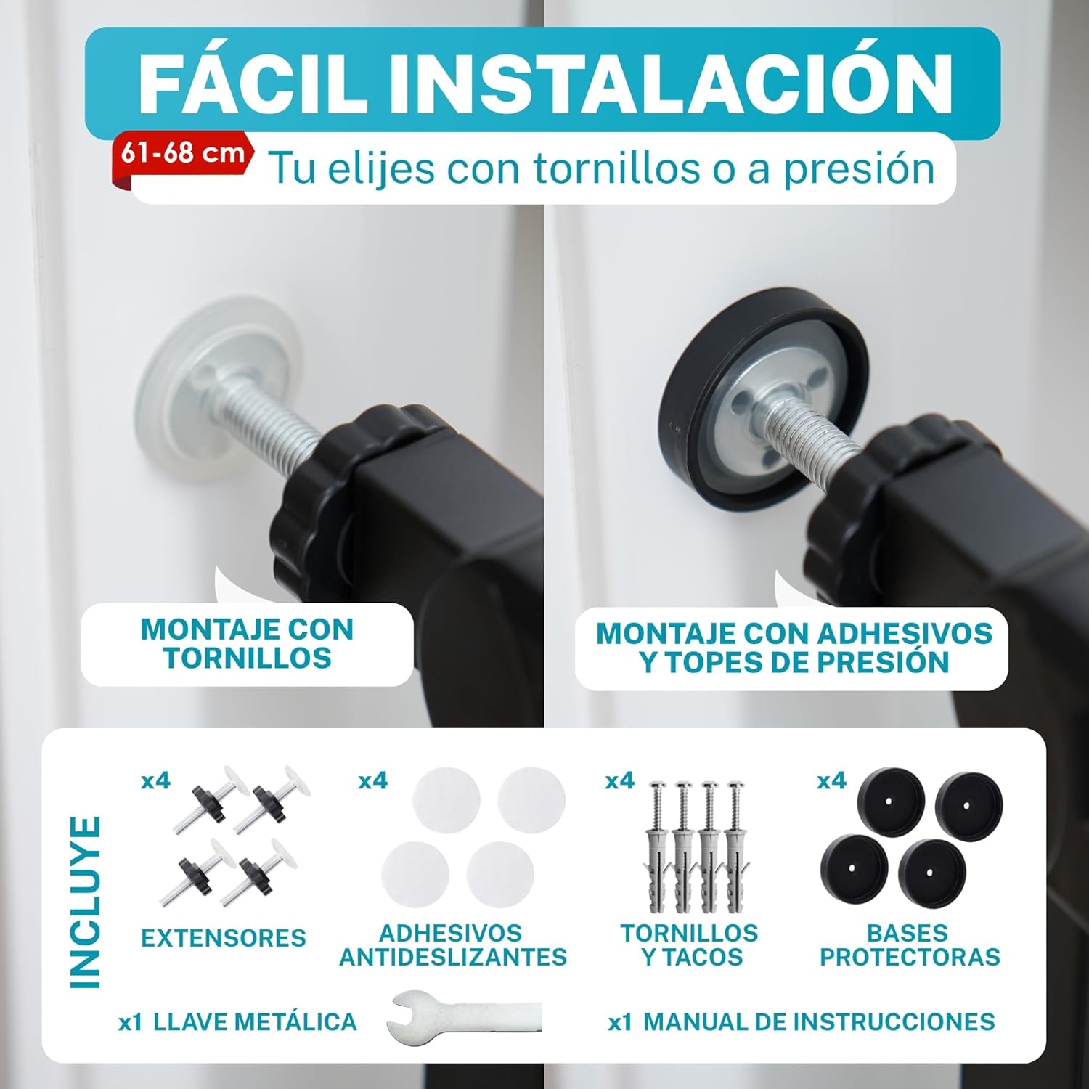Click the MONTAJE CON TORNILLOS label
point(247,644)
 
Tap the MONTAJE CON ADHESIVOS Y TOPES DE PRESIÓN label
point(794,648)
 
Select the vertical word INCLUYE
point(85,902)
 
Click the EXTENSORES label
point(224,938)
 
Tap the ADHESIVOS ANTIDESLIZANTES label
point(453,945)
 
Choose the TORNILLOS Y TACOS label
point(689,945)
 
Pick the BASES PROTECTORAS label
point(910,945)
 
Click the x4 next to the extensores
point(155,780)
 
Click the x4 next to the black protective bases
point(831,780)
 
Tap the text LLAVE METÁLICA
point(256,1022)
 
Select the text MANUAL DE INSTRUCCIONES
point(819,1022)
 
